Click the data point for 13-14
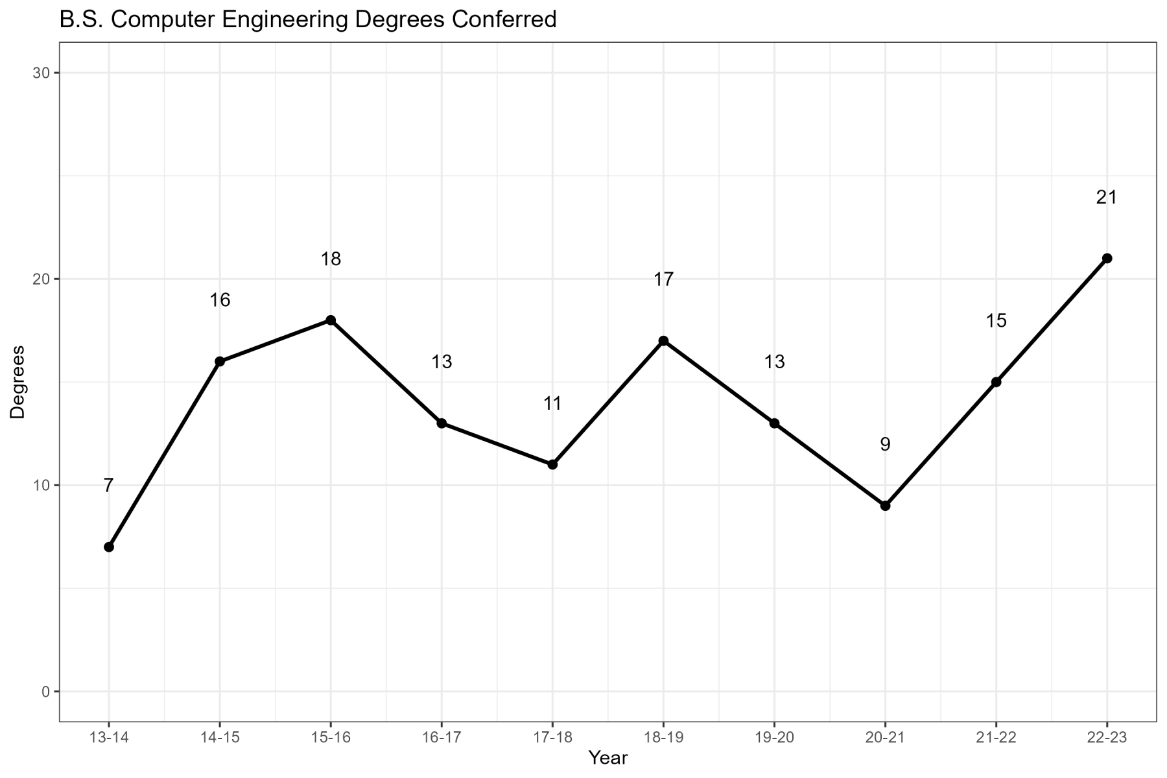point(109,547)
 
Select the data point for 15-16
point(331,320)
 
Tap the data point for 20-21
point(886,506)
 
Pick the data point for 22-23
point(1107,258)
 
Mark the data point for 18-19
point(663,341)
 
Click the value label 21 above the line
point(1107,198)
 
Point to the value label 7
point(108,486)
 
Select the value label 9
point(885,445)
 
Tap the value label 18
point(331,260)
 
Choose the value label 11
point(552,404)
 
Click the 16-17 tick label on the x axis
point(442,738)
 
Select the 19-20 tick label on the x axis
point(774,738)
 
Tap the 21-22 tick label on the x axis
point(996,738)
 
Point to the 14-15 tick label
point(220,738)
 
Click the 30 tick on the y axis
point(41,73)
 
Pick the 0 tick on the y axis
point(45,692)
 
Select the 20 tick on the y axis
point(41,279)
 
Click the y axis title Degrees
point(18,383)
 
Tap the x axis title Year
point(608,758)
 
